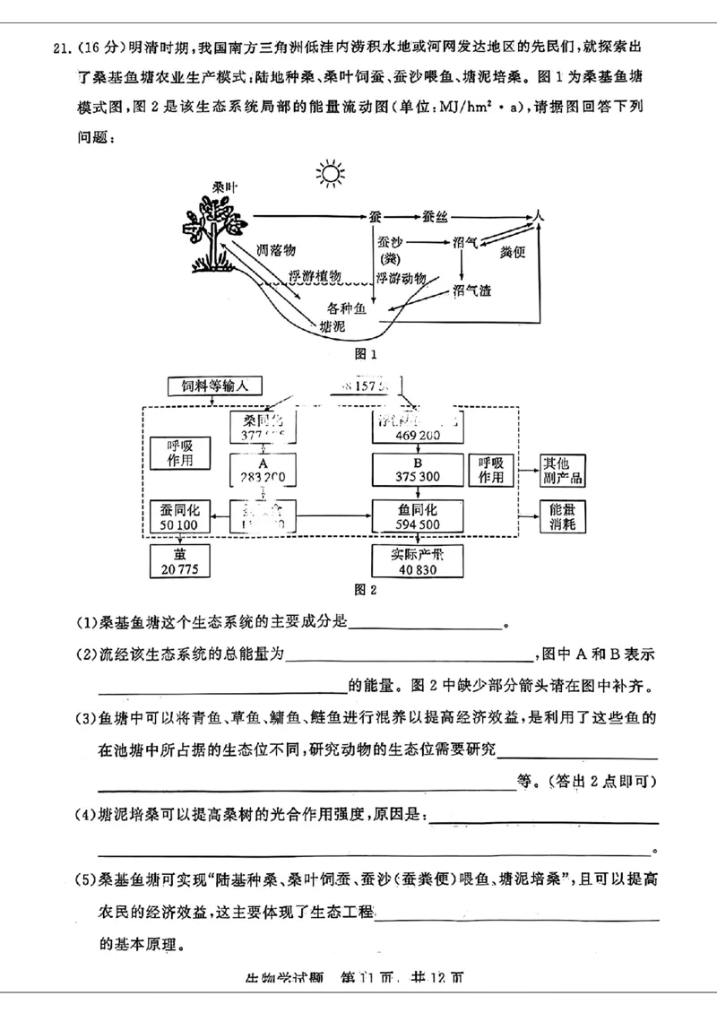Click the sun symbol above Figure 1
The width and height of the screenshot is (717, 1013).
point(329,172)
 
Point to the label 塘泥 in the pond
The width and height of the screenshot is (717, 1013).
point(332,327)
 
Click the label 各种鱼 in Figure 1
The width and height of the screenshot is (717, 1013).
point(347,308)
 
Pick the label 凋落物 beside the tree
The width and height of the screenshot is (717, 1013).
point(276,248)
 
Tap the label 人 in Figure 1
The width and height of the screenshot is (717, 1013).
point(538,216)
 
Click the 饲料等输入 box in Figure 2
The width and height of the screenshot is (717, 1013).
point(214,385)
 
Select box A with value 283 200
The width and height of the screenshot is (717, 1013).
point(263,470)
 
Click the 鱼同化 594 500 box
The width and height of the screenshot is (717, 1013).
point(417,517)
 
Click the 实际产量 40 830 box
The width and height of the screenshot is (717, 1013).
point(417,560)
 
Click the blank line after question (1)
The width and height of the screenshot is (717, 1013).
point(425,625)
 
